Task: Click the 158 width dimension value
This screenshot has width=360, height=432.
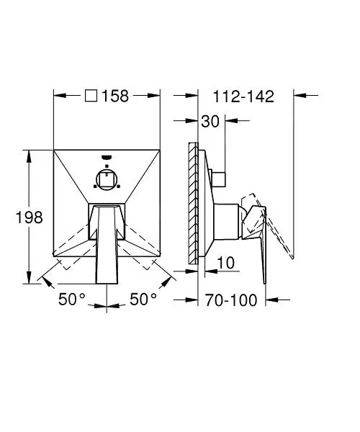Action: (115, 96)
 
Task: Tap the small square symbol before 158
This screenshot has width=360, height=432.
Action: (91, 96)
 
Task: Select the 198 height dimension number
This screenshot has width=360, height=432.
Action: (30, 217)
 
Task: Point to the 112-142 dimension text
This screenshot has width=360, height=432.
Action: (243, 96)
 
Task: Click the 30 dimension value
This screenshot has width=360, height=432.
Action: (210, 121)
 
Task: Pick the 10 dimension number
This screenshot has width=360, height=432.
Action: (226, 263)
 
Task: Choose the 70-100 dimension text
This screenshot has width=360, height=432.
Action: (231, 300)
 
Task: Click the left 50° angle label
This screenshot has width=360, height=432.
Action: (72, 299)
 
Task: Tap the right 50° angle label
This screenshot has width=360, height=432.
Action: (143, 299)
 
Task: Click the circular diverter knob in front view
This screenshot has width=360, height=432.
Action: (107, 179)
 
